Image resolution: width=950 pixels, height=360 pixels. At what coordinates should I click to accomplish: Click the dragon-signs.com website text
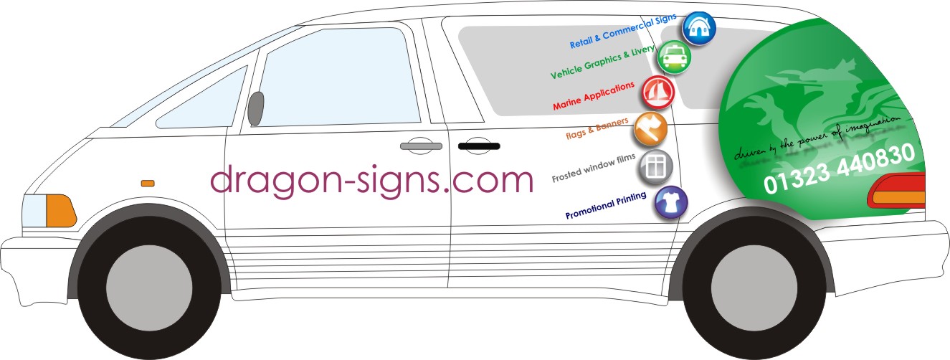372,180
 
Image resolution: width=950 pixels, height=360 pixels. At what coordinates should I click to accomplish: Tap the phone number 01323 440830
839,169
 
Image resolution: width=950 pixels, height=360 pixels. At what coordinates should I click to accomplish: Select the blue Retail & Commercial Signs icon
698,28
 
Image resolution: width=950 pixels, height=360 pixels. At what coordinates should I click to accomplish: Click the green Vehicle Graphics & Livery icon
674,57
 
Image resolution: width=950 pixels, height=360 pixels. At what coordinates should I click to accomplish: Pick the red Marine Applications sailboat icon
656,92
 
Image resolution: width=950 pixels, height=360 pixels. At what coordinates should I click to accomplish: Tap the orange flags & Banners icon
650,130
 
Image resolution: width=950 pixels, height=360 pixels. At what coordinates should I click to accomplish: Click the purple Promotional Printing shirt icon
671,203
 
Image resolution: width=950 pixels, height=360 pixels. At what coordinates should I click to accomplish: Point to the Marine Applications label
594,96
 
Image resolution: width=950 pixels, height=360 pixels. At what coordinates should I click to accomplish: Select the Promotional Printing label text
607,206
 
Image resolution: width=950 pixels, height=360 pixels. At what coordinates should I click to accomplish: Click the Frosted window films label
594,168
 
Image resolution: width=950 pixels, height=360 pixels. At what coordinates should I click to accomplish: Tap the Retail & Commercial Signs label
623,31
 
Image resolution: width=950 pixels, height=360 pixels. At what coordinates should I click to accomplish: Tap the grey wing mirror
256,108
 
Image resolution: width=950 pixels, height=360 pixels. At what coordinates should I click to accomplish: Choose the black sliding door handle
478,147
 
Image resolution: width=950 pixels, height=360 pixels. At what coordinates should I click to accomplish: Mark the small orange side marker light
148,184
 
